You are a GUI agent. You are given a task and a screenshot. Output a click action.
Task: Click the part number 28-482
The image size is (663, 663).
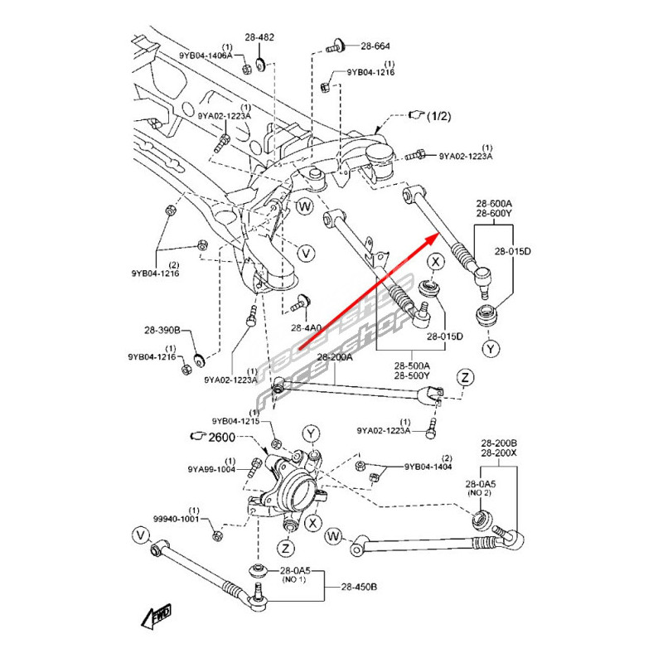259,38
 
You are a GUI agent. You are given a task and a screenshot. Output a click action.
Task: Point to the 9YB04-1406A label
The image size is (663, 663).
206,56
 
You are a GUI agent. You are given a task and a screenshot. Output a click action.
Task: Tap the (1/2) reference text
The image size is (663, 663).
439,118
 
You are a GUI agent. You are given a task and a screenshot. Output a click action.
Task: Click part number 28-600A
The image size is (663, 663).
494,203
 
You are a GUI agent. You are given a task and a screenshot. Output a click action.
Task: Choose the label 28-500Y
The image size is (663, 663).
412,375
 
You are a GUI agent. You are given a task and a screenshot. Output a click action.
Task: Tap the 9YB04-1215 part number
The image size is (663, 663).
235,421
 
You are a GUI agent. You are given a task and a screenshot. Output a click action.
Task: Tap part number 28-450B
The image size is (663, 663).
359,587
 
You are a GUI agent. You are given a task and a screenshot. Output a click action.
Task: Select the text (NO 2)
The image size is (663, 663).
481,493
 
